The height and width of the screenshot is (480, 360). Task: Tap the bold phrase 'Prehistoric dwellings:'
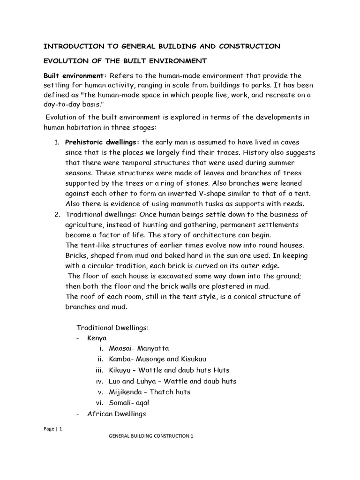[x=102, y=142]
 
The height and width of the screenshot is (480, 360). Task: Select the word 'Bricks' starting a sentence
[x=76, y=255]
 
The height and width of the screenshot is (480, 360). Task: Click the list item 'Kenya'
[x=97, y=338]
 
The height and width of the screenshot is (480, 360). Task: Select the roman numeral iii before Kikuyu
[x=99, y=370]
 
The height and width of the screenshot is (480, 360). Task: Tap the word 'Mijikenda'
[x=126, y=392]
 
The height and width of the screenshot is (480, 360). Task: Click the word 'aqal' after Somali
[x=145, y=403]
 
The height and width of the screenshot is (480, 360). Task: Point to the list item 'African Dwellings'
[x=117, y=413]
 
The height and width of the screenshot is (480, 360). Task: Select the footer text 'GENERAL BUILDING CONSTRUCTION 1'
[x=151, y=436]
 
